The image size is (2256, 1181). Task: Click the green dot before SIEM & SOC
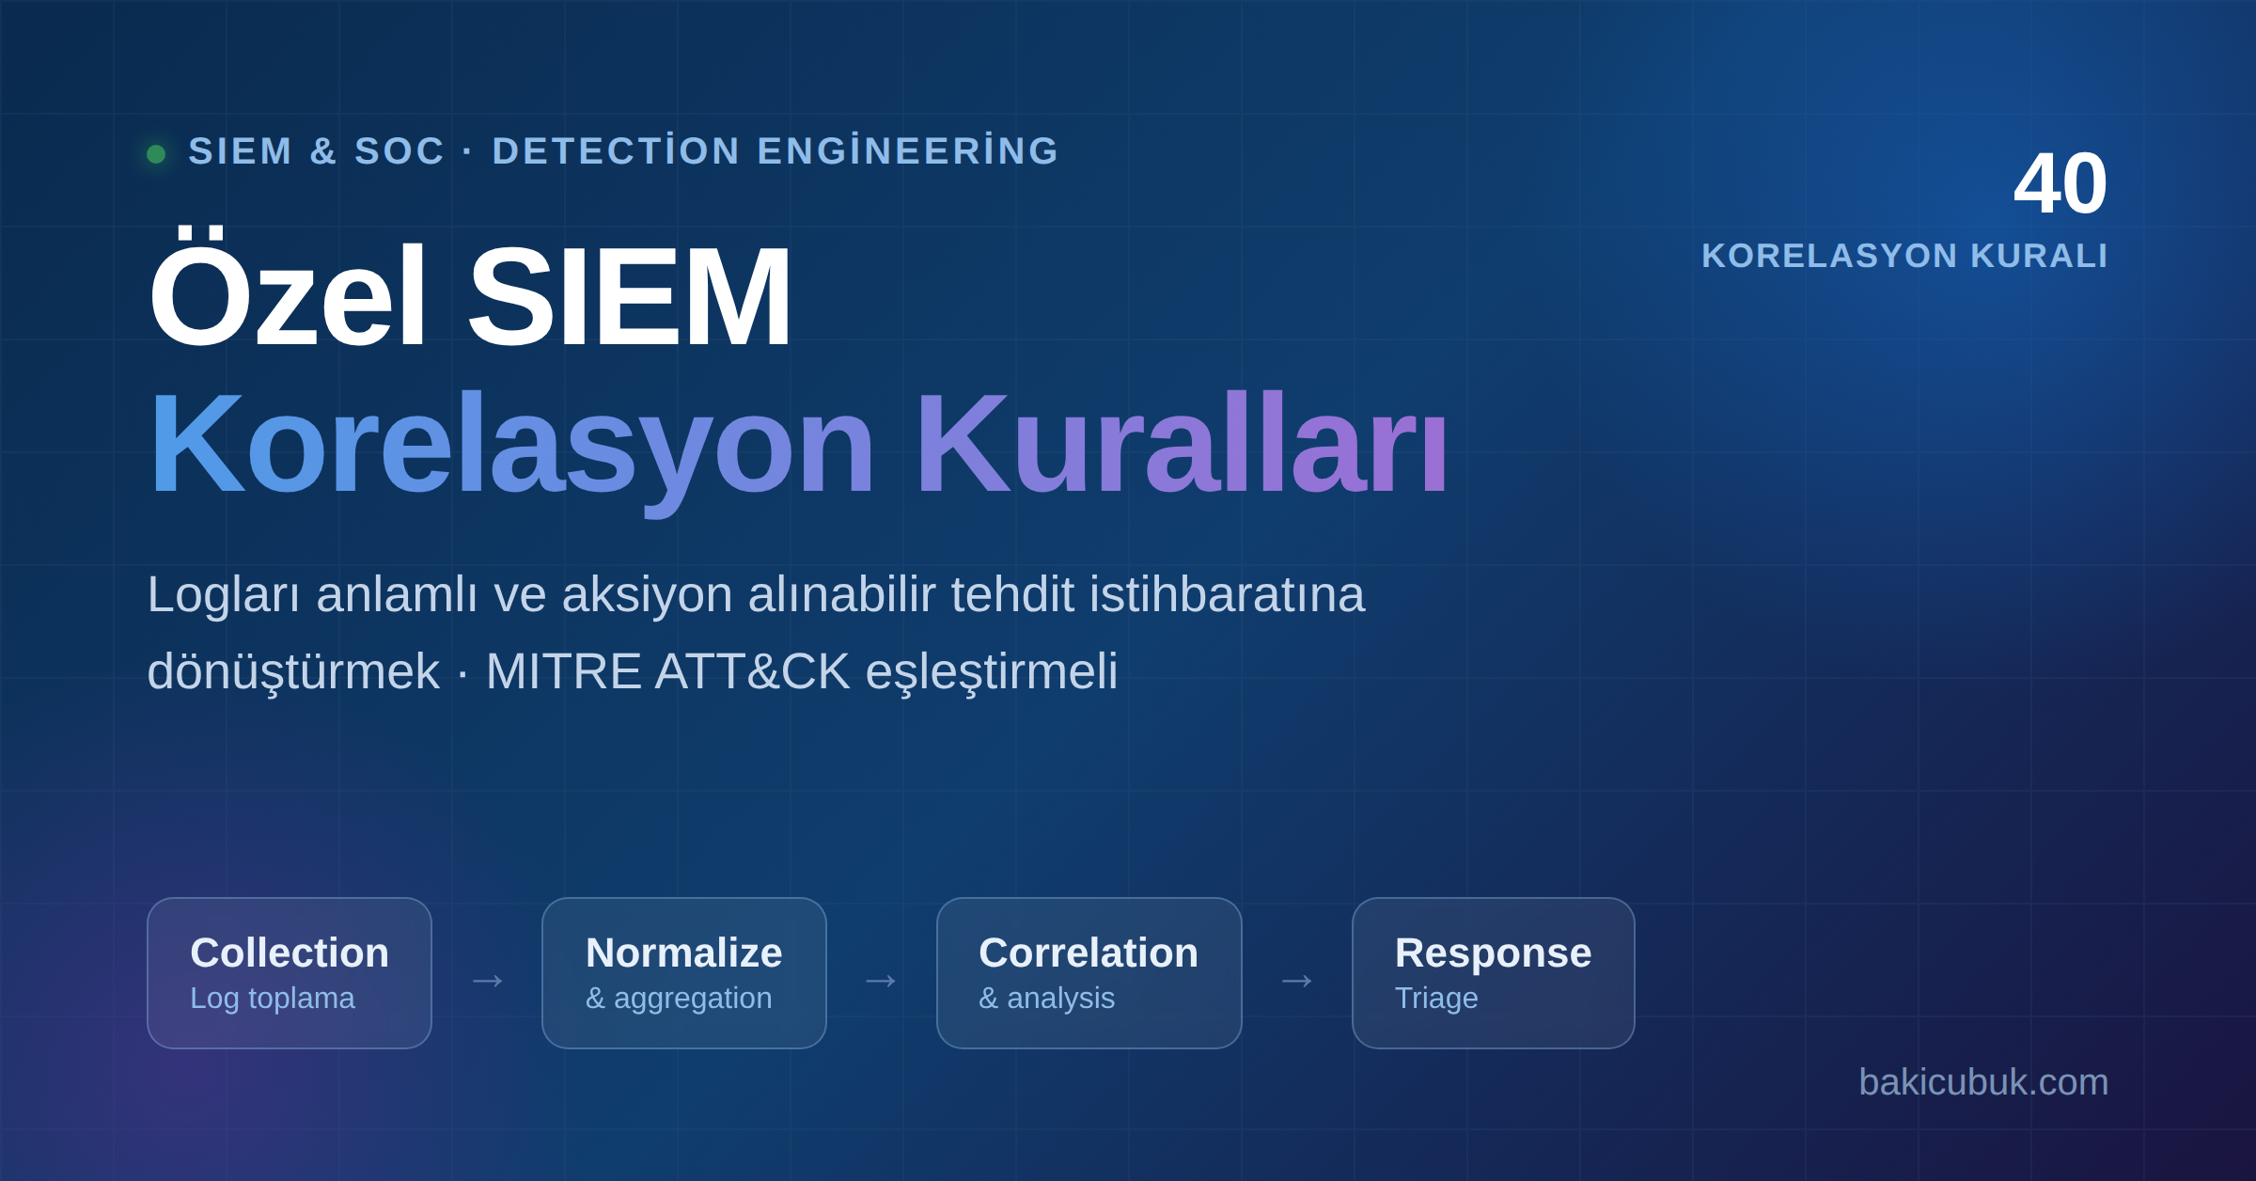coord(156,153)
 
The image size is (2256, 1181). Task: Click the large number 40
coord(2060,183)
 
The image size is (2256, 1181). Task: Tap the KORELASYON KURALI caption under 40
coord(1904,256)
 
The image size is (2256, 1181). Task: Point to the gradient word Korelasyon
coord(511,447)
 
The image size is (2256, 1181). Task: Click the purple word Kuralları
coord(1181,442)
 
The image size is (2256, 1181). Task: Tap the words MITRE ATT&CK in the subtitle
coord(667,671)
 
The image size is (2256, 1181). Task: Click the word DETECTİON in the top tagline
coord(616,151)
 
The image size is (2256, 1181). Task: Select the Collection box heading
coord(290,953)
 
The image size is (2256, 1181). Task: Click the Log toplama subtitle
coord(273,999)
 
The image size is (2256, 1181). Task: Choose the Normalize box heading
coord(684,953)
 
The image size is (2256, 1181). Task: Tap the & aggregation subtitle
coord(679,999)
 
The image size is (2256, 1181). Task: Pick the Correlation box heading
coord(1089,953)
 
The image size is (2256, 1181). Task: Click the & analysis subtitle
coord(1047,999)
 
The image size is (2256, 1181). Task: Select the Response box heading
coord(1494,953)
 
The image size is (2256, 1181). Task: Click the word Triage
coord(1436,999)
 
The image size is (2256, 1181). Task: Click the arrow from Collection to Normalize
coord(488,982)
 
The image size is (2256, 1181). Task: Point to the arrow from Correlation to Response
coord(1297,982)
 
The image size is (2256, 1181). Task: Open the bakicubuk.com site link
coord(1983,1082)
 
